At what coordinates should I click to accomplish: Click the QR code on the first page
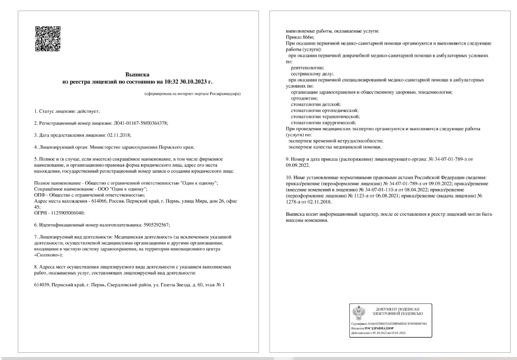coord(48,39)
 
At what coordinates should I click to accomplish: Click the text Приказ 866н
coord(295,37)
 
